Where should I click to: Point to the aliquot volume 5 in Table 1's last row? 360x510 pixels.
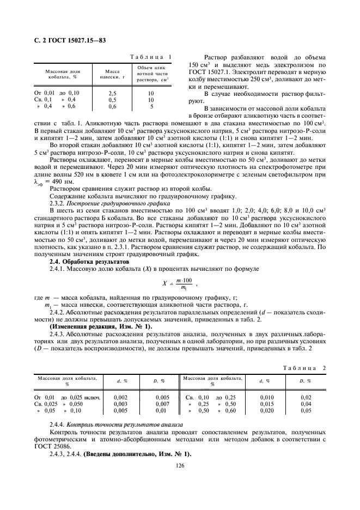coord(151,106)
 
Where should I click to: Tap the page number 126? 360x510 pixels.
coord(180,465)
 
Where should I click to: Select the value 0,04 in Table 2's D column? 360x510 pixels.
coord(306,404)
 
